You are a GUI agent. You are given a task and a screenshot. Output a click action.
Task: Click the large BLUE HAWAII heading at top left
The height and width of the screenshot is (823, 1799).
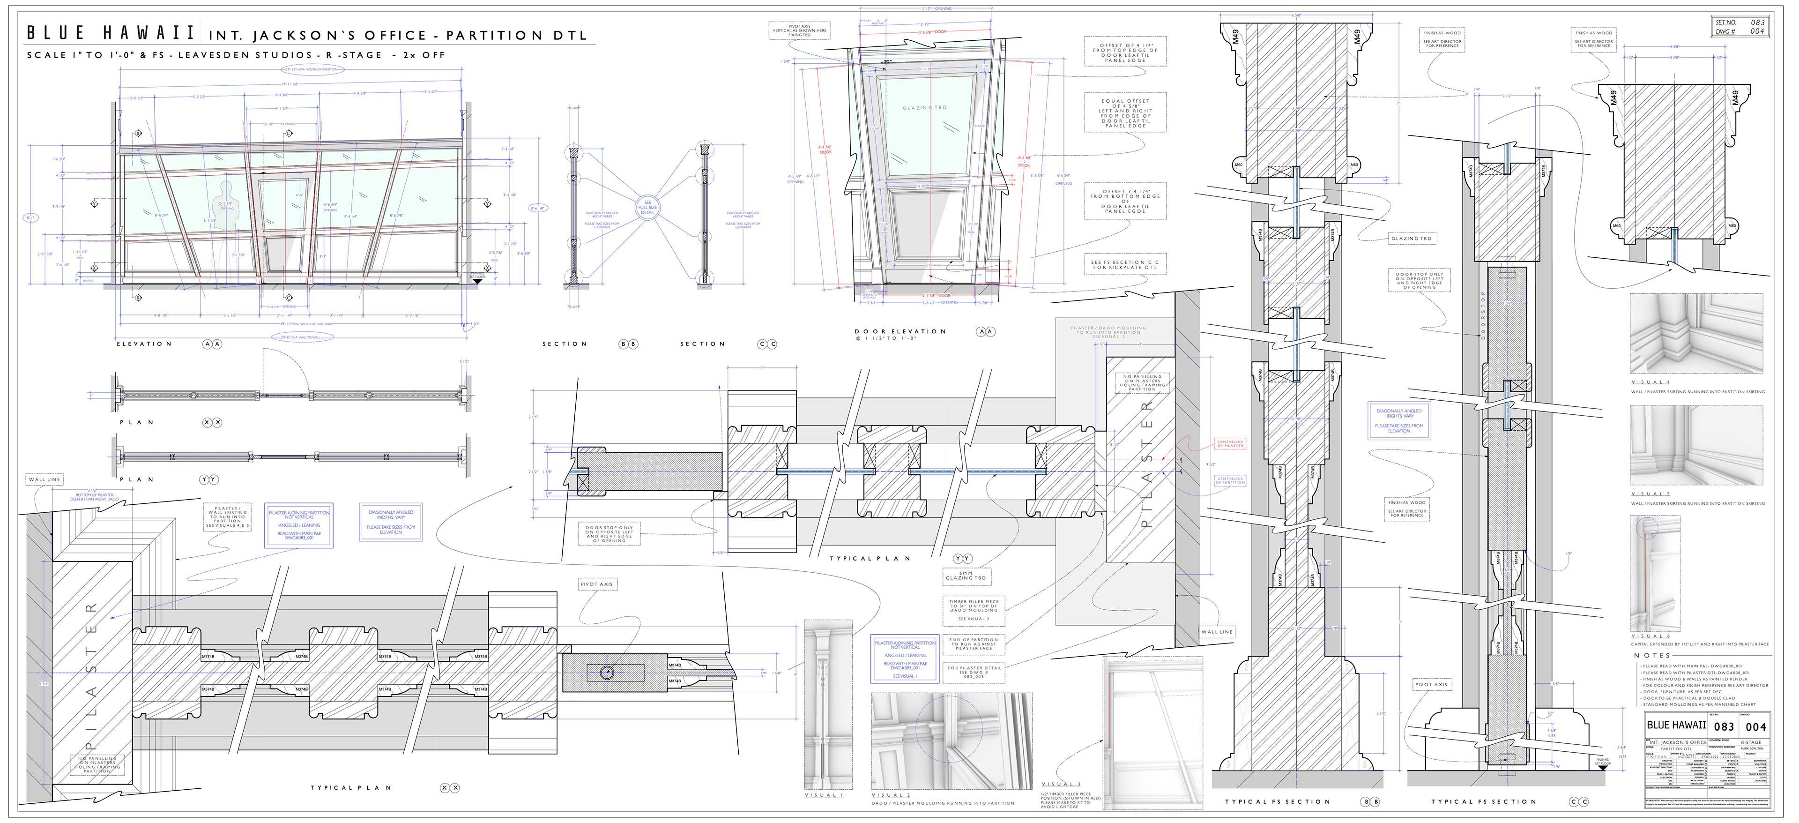111,33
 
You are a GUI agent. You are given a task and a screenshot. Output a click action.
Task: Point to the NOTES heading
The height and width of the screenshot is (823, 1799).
1651,655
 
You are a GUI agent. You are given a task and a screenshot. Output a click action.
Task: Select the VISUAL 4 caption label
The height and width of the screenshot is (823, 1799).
1650,382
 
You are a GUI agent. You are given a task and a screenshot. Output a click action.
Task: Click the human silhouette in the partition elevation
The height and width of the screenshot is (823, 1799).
225,202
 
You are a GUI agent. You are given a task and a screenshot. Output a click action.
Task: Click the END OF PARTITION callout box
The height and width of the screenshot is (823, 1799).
974,643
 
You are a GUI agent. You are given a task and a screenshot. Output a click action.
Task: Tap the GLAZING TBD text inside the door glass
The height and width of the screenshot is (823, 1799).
925,108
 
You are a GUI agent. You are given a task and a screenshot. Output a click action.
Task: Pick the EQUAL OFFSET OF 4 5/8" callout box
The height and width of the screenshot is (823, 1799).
1125,113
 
